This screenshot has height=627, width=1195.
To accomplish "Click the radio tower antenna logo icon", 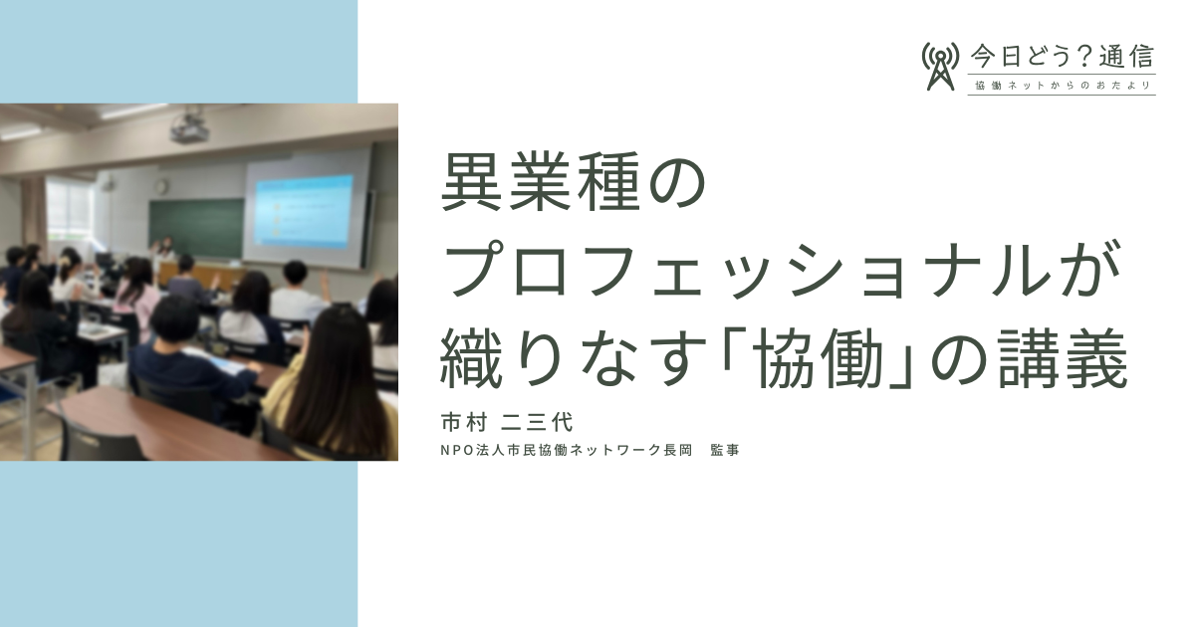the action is click(940, 66).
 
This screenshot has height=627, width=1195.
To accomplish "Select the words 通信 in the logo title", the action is click(1127, 57).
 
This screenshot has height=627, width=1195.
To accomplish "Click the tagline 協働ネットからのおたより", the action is click(1063, 86).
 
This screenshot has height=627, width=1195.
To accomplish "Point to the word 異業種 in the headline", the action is click(540, 181).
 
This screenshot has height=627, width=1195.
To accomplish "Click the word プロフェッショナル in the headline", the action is click(746, 270).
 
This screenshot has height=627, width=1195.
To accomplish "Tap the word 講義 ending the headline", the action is click(1063, 358).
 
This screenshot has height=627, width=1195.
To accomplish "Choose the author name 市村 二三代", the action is click(507, 422).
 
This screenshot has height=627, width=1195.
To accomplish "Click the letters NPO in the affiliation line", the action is click(457, 451).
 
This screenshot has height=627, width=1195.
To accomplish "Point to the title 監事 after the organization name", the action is click(725, 451).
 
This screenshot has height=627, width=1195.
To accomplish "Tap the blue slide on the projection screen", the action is click(305, 213).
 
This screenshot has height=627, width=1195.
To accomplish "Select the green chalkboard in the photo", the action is click(196, 228).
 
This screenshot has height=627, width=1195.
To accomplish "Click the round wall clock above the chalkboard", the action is click(161, 186).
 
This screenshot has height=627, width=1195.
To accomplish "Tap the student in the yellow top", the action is click(331, 384).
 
